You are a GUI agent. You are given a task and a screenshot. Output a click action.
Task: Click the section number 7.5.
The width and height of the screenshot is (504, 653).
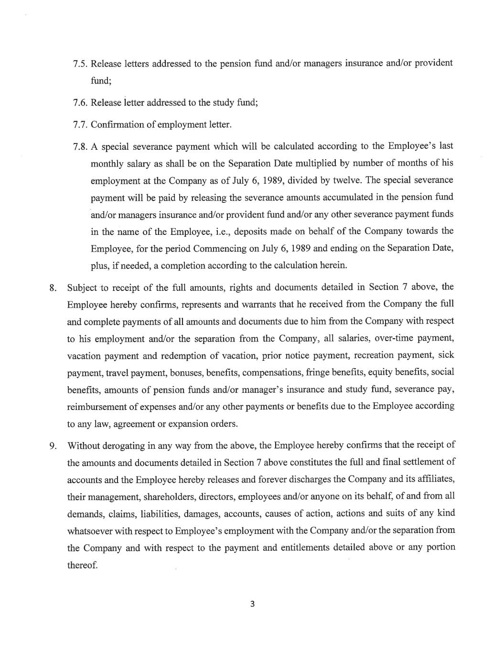point(80,64)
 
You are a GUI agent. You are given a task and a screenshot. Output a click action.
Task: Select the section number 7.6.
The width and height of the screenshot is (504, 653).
point(80,103)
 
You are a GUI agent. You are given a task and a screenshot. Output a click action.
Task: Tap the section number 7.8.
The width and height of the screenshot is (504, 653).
point(80,146)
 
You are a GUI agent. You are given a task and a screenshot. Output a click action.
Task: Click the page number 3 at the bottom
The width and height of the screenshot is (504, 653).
point(252,604)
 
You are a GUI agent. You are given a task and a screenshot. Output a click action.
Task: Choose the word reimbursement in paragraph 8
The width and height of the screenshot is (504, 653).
point(97,407)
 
